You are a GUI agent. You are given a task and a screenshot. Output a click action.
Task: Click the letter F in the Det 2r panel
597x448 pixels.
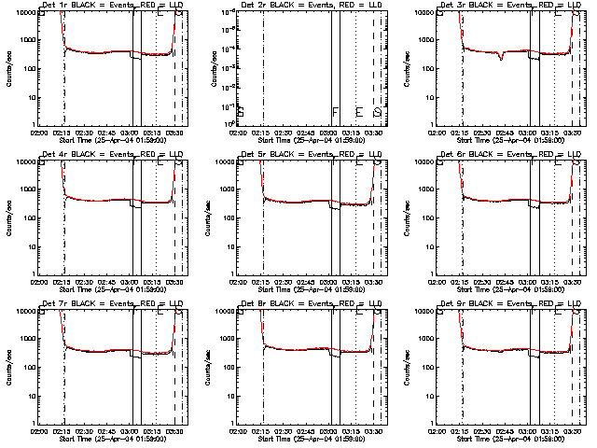336,112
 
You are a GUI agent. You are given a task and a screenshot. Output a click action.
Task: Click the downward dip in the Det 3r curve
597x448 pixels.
501,58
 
